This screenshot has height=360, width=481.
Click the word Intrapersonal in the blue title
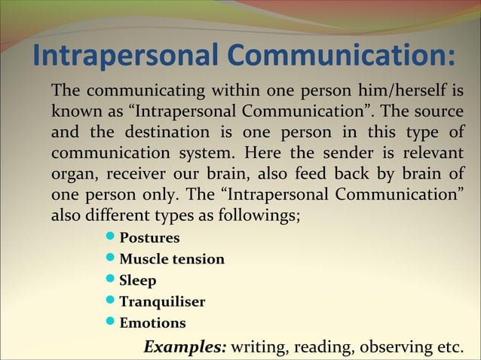[126, 56]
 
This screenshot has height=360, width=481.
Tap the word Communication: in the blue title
[342, 56]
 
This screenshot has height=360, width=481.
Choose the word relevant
[428, 154]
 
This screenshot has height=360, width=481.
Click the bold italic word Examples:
[185, 347]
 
